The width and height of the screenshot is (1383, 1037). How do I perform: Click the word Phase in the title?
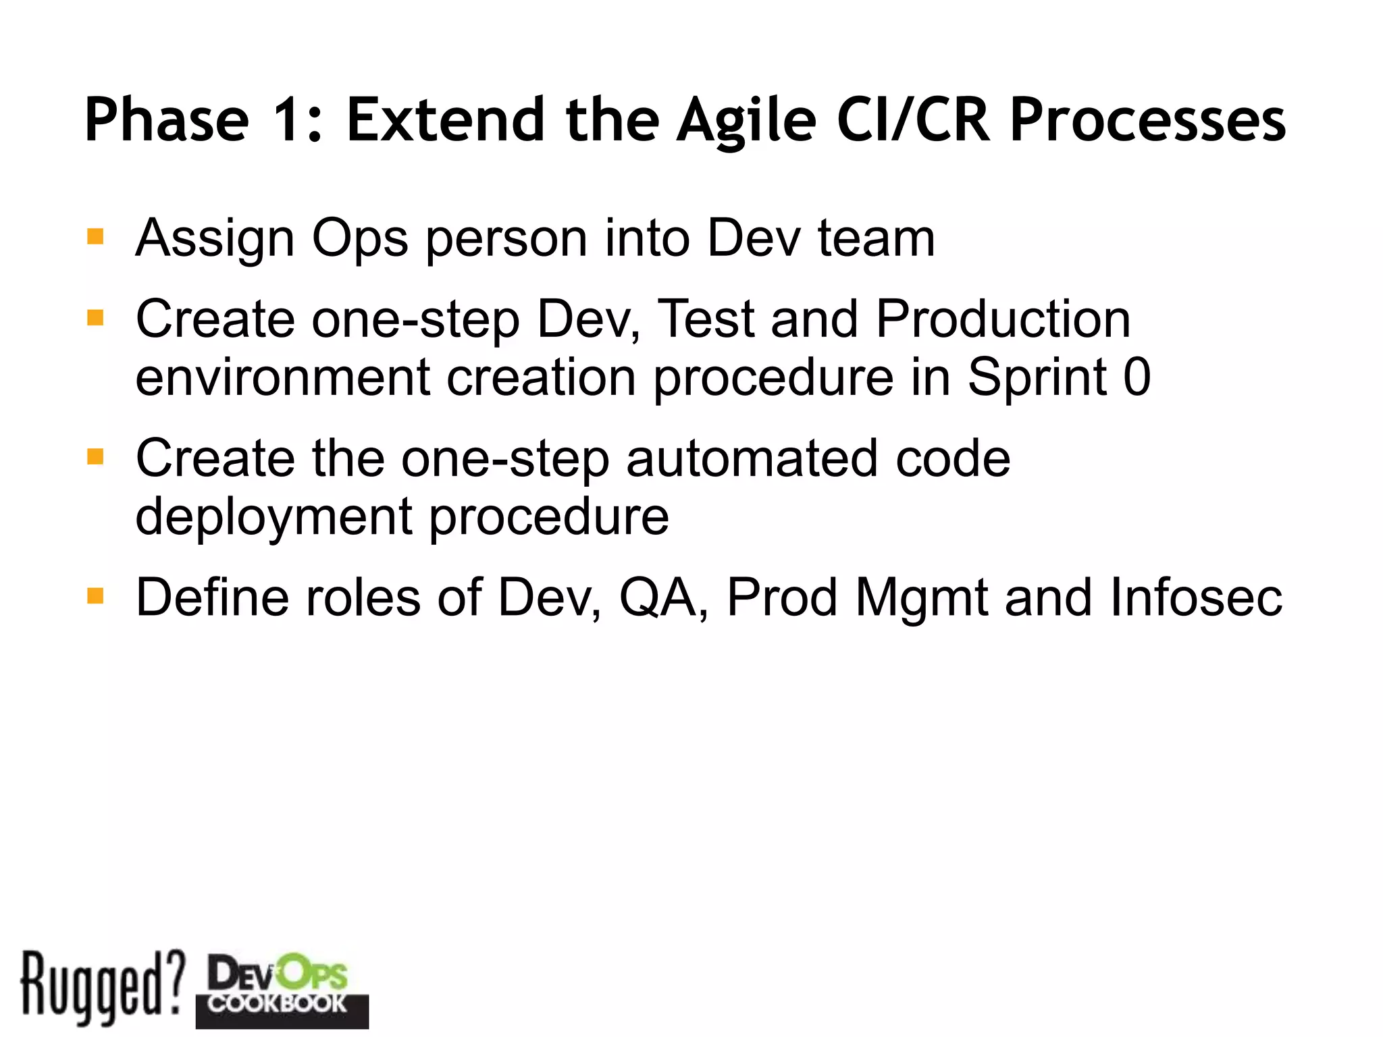tap(167, 120)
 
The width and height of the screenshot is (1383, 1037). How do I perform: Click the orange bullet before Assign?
tap(95, 237)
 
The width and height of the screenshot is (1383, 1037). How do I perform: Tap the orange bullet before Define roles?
tap(95, 596)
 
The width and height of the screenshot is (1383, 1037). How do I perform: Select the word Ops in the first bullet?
tap(359, 240)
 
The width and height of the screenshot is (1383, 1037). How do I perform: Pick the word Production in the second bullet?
tap(1003, 319)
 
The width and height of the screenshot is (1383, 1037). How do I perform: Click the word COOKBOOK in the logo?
tap(277, 1003)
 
